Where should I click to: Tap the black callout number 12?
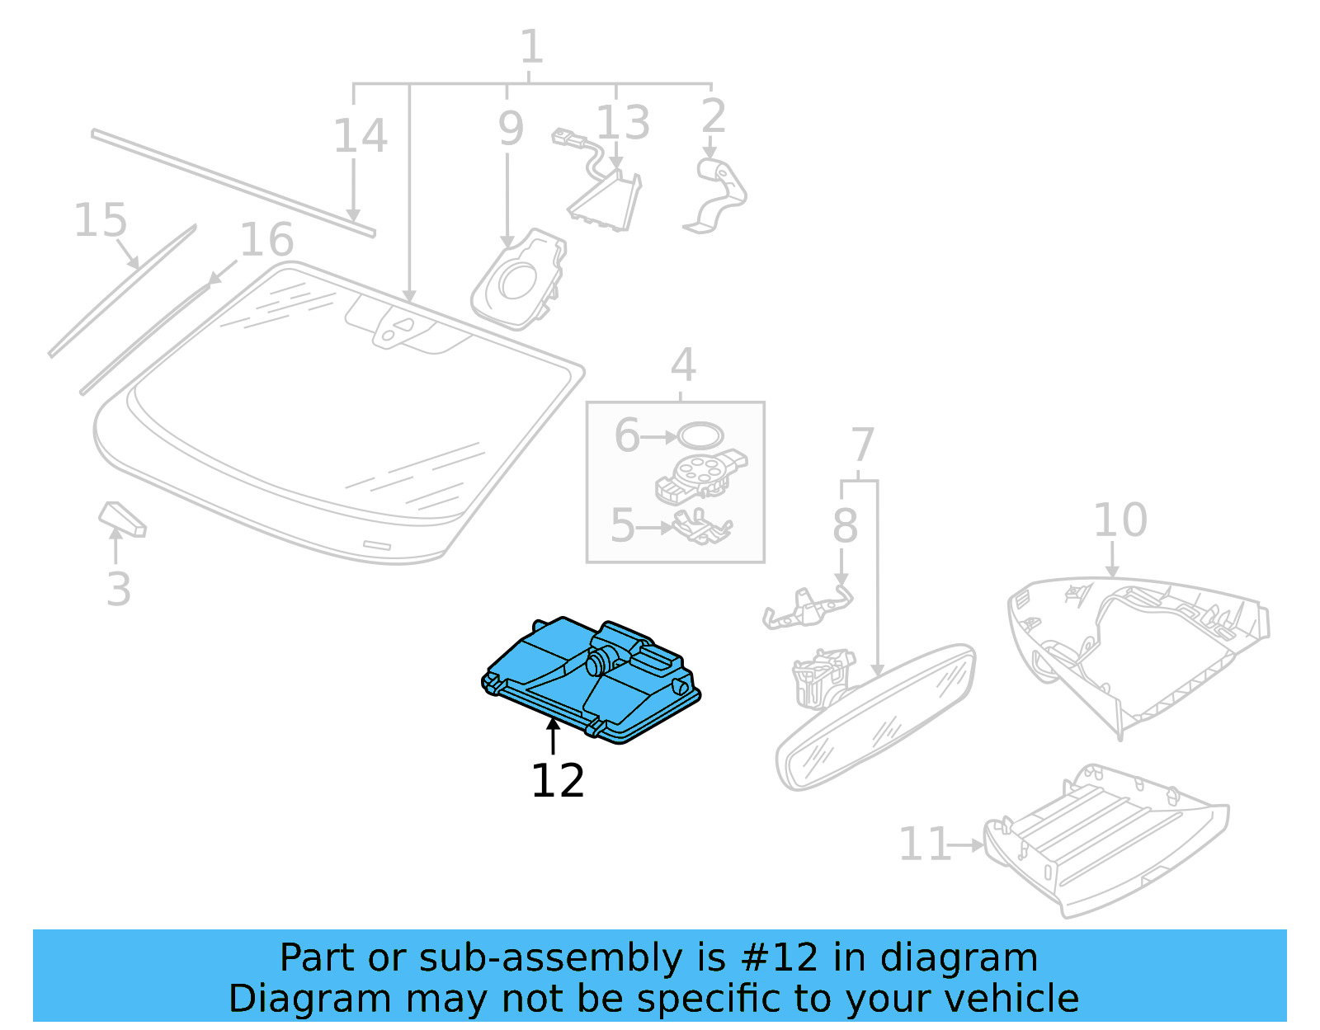tap(558, 781)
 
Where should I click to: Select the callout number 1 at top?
tap(531, 47)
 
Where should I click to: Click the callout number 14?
tap(360, 136)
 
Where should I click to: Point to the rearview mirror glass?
tap(874, 717)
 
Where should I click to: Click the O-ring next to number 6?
tap(700, 435)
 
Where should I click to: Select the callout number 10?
tap(1120, 520)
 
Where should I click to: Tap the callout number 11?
tap(924, 844)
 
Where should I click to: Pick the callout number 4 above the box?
tap(682, 365)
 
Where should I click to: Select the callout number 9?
tap(511, 129)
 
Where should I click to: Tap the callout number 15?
tap(101, 221)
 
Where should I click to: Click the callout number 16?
tap(266, 240)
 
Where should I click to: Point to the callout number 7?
tap(861, 445)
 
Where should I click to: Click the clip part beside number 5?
tap(701, 527)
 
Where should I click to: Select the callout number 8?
tap(844, 525)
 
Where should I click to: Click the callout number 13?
tap(623, 123)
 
